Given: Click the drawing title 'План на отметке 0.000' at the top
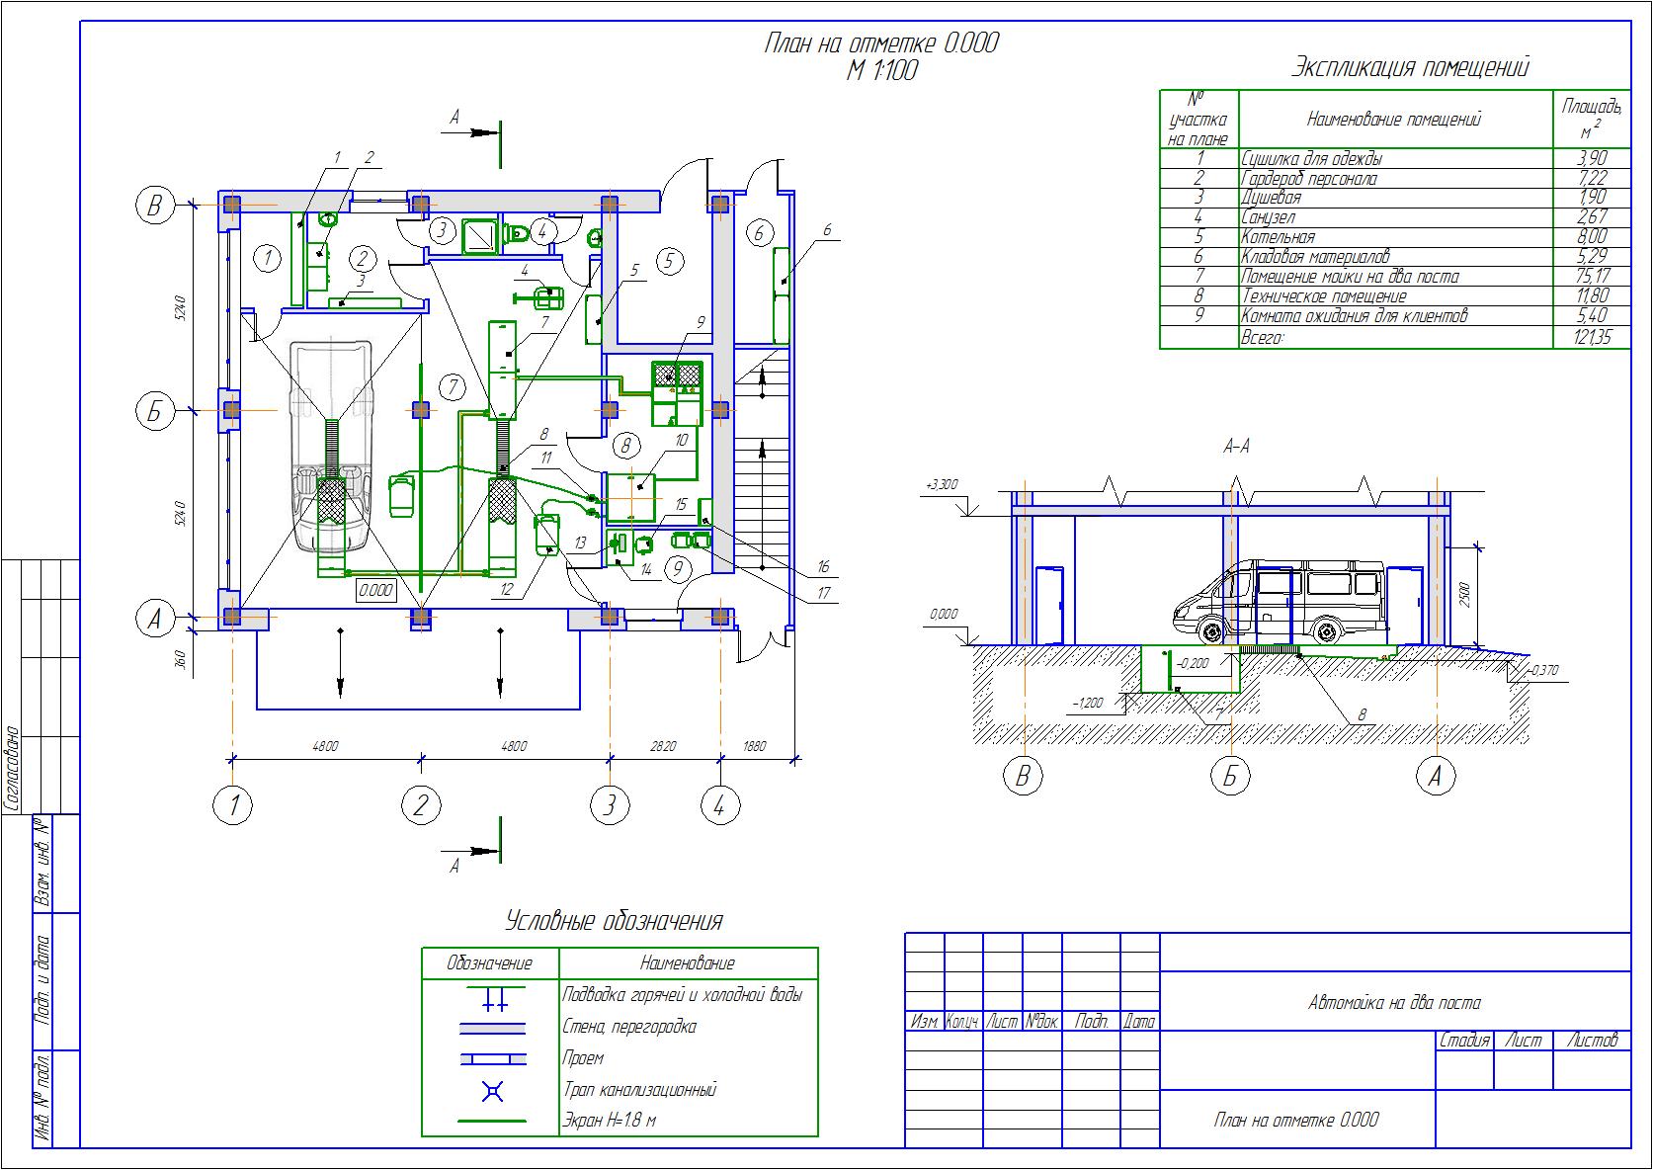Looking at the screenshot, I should tap(881, 43).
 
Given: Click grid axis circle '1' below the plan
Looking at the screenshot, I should tap(233, 806).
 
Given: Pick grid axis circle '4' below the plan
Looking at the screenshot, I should tap(719, 806).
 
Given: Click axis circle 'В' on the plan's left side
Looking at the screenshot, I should tap(154, 206).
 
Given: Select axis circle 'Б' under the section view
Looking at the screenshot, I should tap(1230, 776).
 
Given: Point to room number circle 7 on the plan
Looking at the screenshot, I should tap(452, 386).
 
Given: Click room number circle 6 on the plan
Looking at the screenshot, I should tap(759, 234).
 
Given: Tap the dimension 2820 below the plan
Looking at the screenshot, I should tap(663, 746).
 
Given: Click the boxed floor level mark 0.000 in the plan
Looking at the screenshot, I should tap(376, 591).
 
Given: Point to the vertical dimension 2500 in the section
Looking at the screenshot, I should tap(1464, 593).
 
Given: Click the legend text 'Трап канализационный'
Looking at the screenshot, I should tap(639, 1090).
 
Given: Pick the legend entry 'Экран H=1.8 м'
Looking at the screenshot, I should tap(610, 1121).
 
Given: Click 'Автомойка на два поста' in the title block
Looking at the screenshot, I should tap(1394, 1003).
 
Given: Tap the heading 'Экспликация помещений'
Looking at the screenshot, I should tap(1410, 67).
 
